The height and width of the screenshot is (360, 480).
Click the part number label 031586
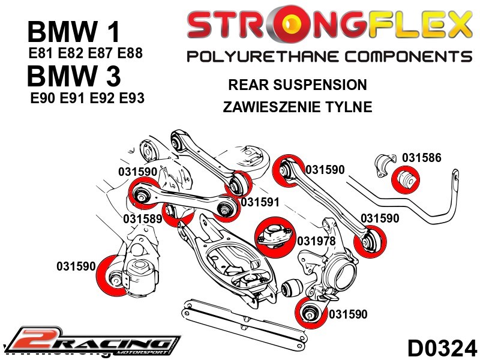coord(421,158)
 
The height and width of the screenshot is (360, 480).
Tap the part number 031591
coord(260,202)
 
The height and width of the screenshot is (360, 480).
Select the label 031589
coord(143,219)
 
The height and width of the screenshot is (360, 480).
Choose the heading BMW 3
coord(74,77)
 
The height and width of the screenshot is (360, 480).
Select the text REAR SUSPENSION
coord(298,85)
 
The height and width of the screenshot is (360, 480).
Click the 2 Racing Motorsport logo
coord(90,342)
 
